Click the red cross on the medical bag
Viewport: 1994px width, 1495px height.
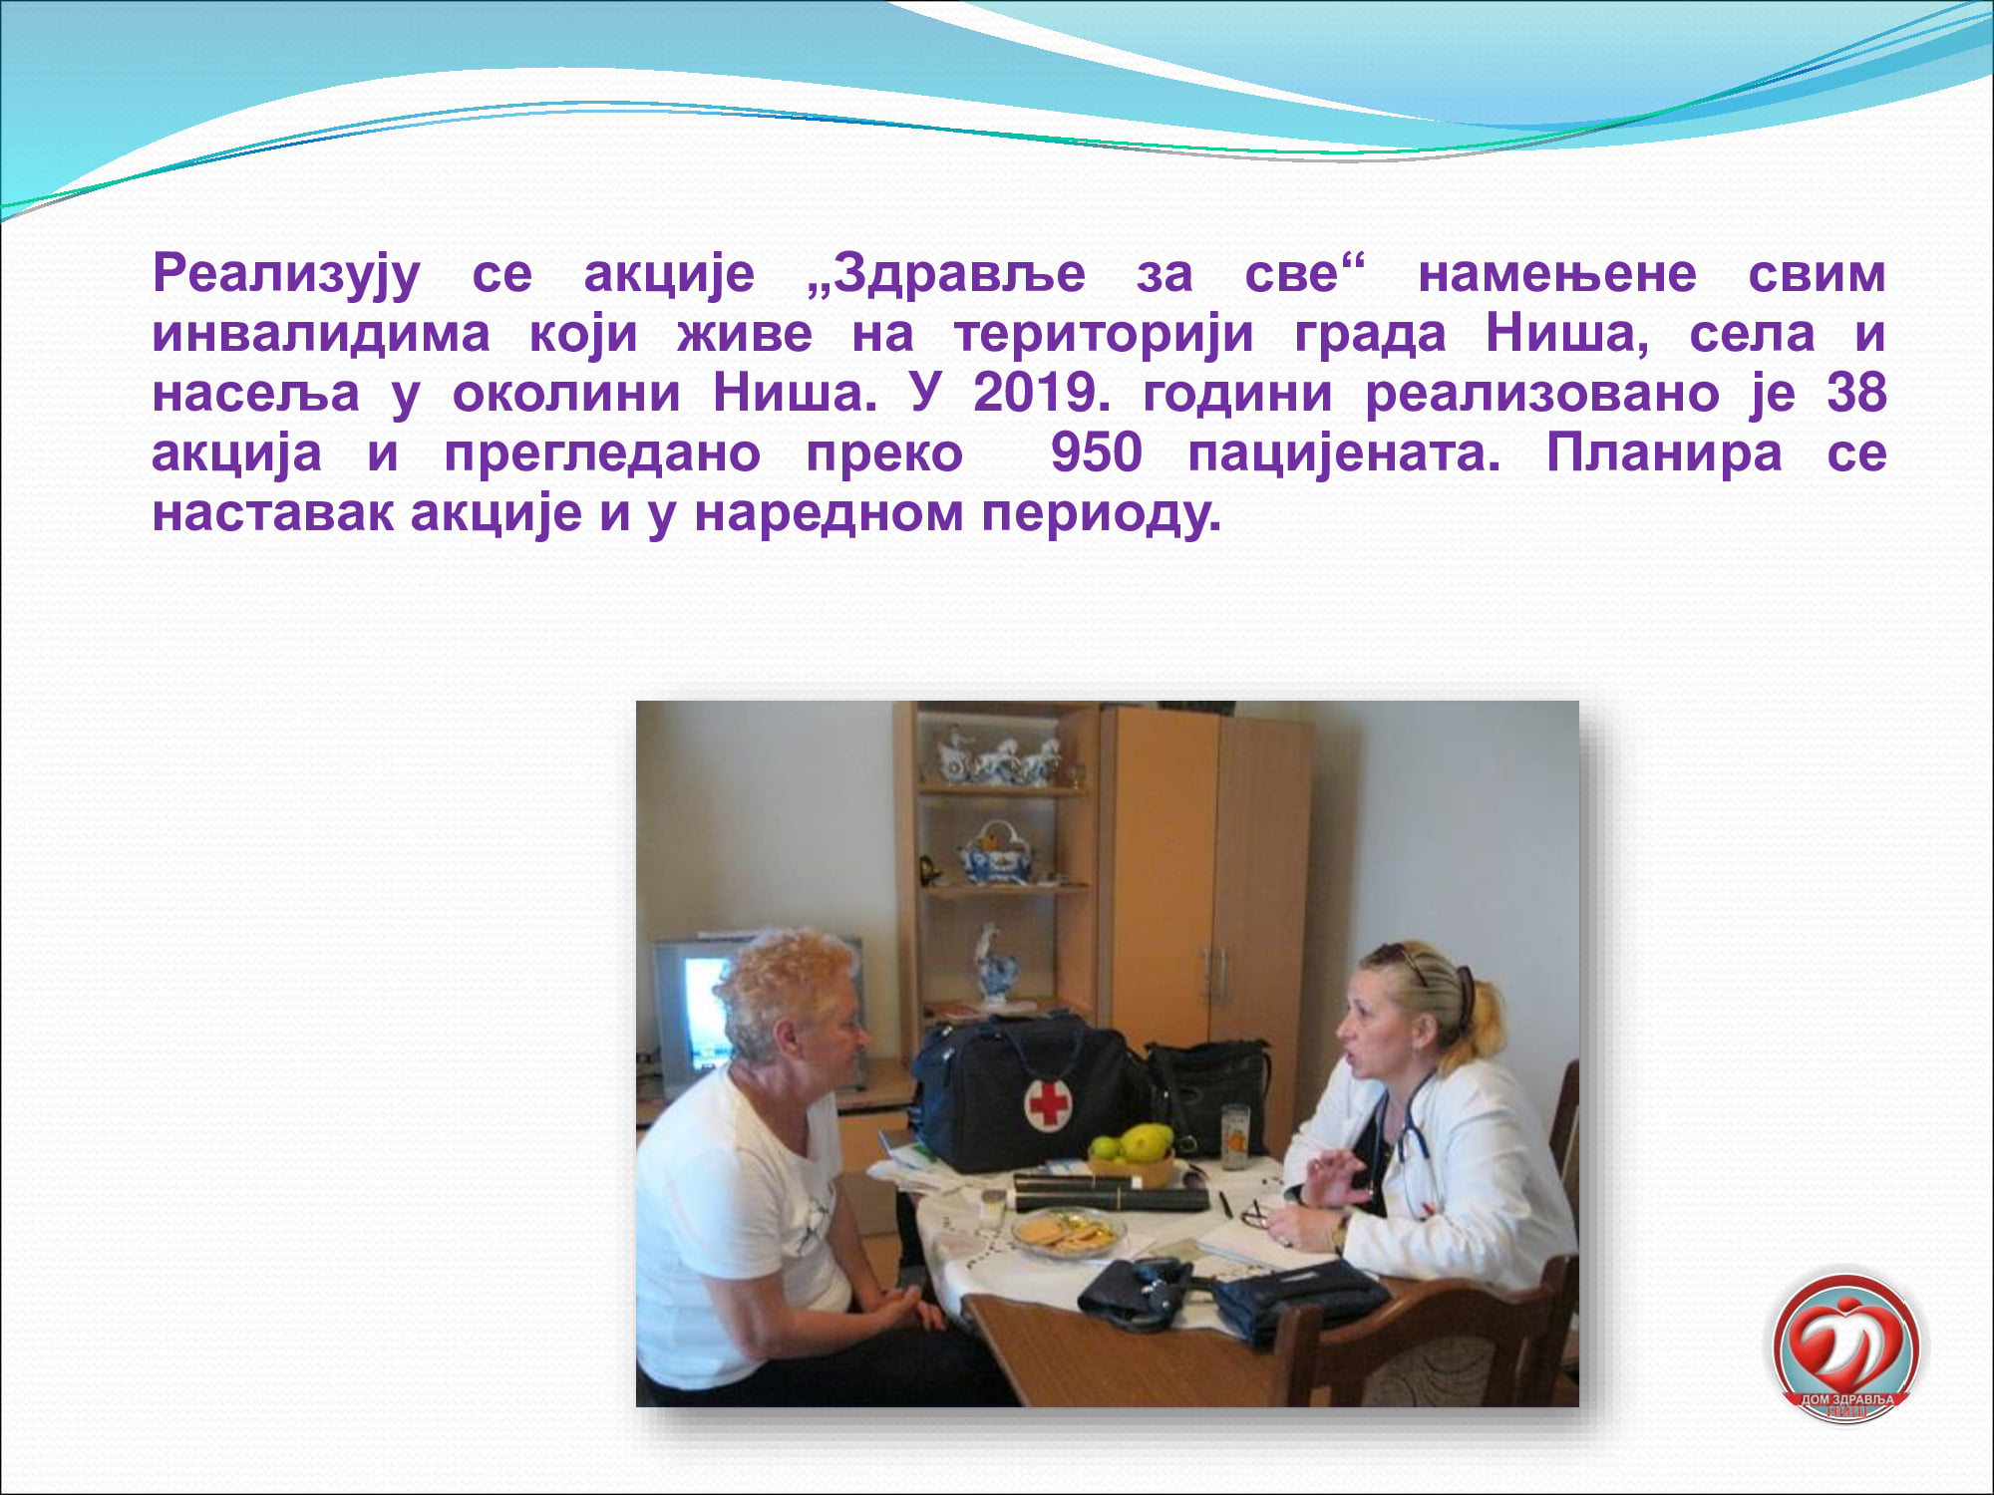click(1048, 1103)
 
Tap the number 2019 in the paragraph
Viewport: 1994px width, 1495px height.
click(1042, 393)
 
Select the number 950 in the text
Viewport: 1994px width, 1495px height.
click(1096, 453)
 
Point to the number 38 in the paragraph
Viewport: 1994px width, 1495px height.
click(1856, 393)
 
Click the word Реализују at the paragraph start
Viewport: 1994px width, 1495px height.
click(287, 275)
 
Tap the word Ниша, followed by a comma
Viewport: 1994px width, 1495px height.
click(1567, 334)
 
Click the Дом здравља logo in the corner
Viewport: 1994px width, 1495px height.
click(1846, 1346)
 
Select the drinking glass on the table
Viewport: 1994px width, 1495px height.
click(1235, 1136)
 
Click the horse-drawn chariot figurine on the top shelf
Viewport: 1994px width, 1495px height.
click(998, 756)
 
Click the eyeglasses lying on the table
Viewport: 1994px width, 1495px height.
click(1255, 1214)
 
